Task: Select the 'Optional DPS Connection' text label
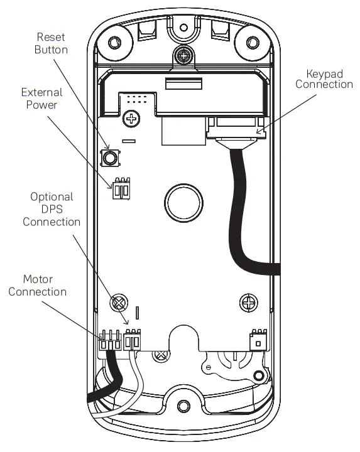[x=52, y=209]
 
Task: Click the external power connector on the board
[x=121, y=190]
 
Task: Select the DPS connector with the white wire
[x=133, y=342]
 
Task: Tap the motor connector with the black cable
[x=109, y=343]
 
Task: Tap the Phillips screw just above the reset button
[x=132, y=117]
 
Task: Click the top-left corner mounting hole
[x=114, y=43]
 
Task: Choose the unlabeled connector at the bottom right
[x=258, y=340]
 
